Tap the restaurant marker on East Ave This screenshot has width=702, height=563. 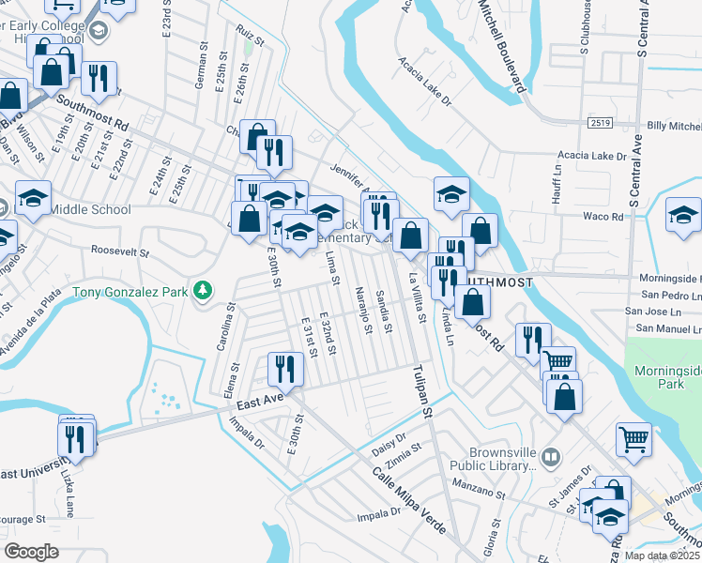282,370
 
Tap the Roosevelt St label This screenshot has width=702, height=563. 120,251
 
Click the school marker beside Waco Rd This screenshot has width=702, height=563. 683,214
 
